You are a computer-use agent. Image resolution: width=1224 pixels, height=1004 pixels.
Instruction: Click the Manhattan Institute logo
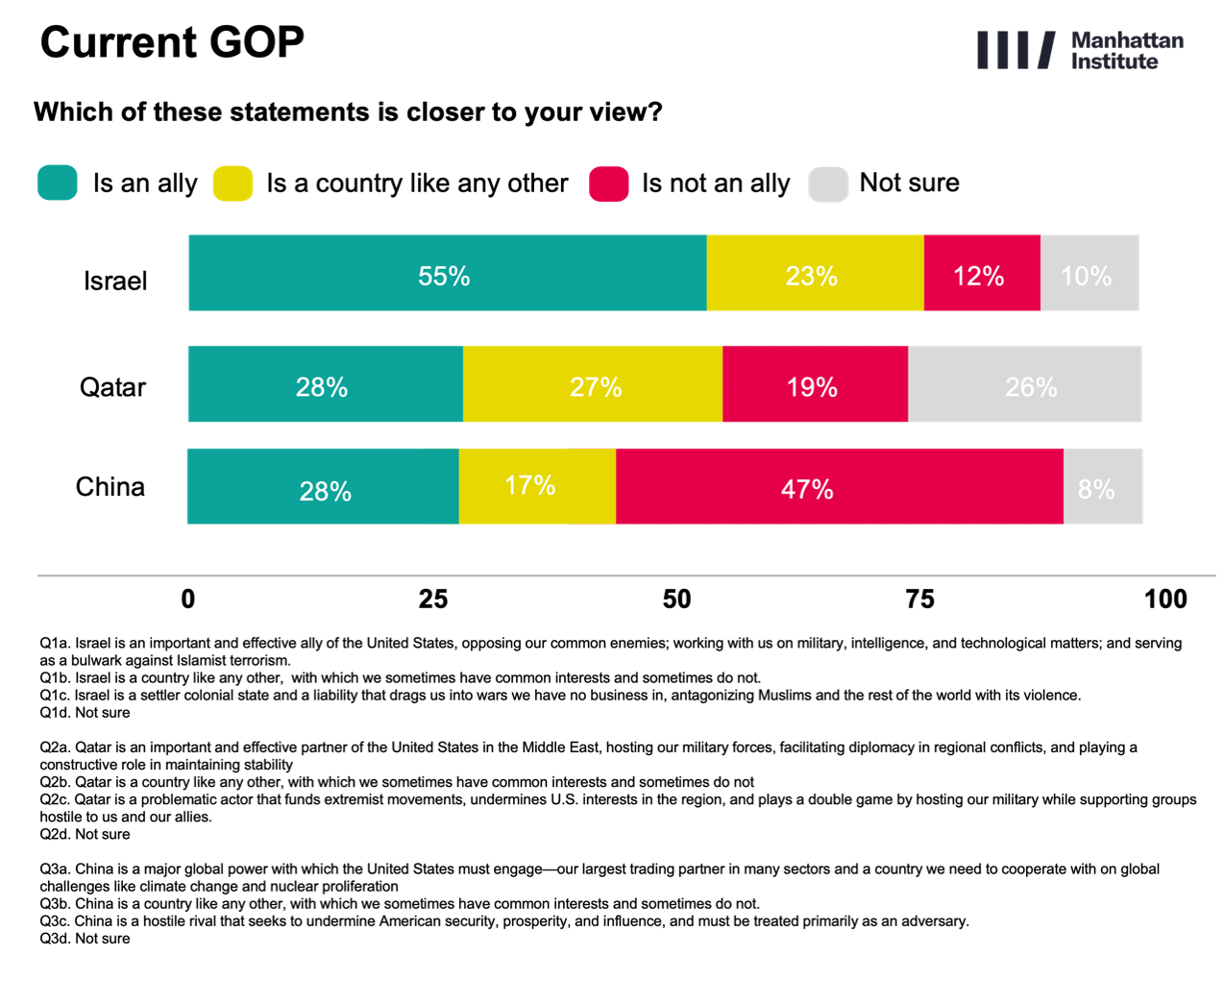click(1079, 51)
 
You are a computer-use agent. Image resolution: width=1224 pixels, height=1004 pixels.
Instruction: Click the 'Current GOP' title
click(172, 42)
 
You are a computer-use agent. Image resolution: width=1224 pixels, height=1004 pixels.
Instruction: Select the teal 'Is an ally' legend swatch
click(58, 183)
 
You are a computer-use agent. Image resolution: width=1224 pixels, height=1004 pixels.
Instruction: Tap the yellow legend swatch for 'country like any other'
click(233, 183)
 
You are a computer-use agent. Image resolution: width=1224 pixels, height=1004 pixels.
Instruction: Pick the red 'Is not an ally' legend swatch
click(609, 184)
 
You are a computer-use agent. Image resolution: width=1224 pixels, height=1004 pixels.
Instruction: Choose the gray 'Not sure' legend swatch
click(828, 184)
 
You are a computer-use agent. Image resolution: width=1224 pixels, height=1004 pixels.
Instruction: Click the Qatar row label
click(112, 387)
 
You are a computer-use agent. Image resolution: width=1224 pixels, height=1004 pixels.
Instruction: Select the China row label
click(110, 487)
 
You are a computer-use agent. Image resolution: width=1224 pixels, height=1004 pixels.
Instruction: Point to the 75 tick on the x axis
click(919, 600)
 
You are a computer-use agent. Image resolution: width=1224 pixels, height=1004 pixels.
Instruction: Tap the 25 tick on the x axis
click(432, 600)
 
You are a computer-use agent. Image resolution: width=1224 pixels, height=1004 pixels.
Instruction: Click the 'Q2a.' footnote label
click(55, 747)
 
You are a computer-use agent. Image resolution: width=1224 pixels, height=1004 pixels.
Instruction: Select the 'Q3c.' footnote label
click(55, 921)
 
